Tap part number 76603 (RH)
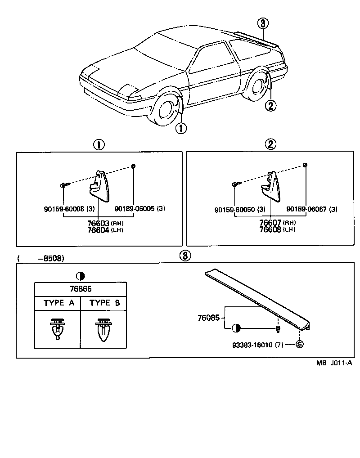click(99, 223)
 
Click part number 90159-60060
click(234, 209)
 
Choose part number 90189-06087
click(305, 209)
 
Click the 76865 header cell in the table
click(81, 289)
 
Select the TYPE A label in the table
click(58, 303)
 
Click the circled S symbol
click(299, 344)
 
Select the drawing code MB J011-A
click(333, 363)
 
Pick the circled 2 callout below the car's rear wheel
click(270, 106)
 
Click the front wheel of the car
click(165, 113)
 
